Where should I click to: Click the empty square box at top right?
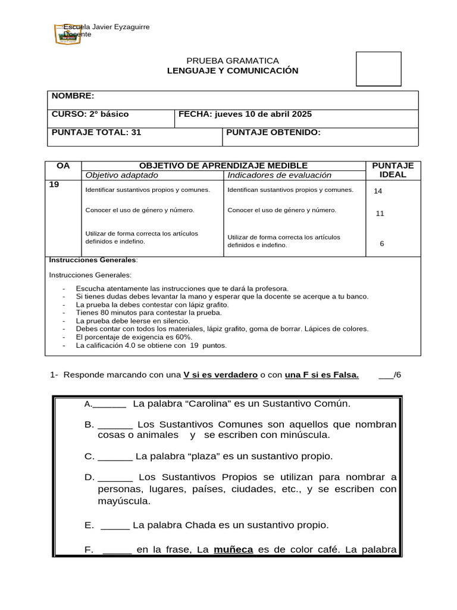coord(378,69)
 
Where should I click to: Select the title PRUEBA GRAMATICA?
coord(233,61)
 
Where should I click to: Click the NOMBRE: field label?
coord(73,97)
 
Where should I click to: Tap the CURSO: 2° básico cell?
coord(90,114)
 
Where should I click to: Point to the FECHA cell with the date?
coord(245,114)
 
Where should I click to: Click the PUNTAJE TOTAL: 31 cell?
coord(96,132)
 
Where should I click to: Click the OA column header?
coord(63,165)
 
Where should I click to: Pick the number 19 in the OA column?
coord(54,185)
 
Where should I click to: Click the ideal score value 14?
coord(378,191)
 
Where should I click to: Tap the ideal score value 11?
coord(380,213)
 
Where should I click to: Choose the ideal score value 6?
coord(381,244)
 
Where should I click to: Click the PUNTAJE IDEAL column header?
coord(392,170)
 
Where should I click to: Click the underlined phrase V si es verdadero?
coord(220,375)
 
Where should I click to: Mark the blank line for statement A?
coord(109,404)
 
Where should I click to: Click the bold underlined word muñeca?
coord(233,550)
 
